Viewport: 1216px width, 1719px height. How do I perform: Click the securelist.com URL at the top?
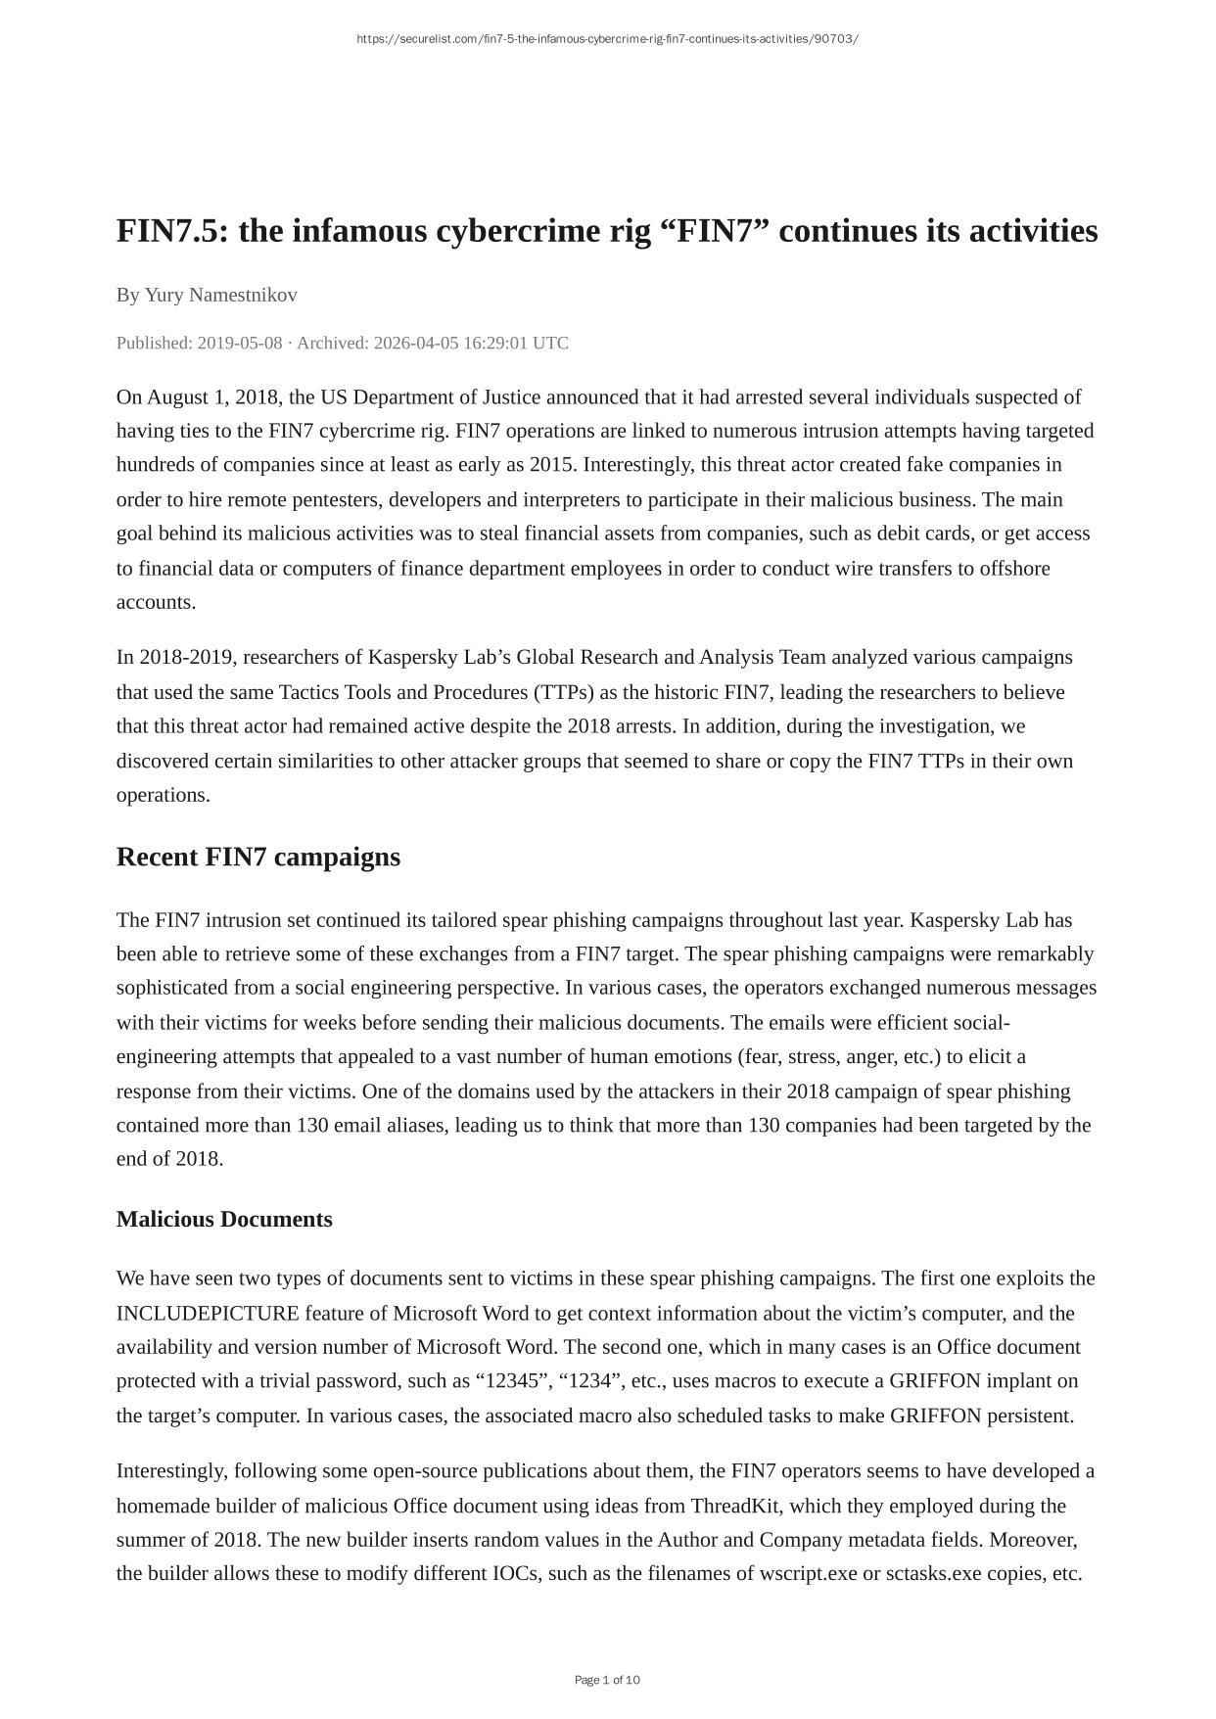607,39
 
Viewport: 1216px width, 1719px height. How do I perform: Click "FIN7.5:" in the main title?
172,232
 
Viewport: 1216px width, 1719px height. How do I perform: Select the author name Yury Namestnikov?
221,295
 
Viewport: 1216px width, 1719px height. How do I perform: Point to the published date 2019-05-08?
240,343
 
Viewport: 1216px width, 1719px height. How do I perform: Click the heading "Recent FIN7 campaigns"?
258,857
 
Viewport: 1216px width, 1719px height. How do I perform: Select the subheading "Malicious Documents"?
224,1219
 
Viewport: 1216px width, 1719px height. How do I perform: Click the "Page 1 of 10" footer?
607,1680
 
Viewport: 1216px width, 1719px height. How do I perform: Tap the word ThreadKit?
735,1506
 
